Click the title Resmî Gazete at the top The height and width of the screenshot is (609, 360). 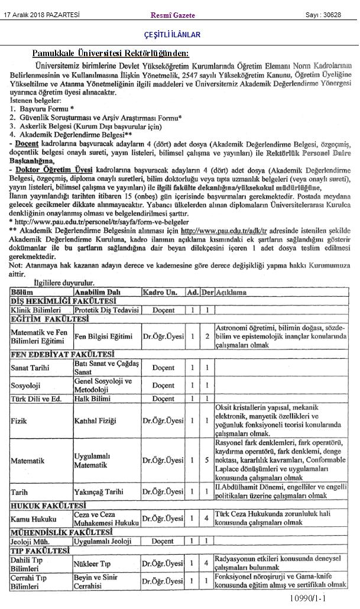point(173,15)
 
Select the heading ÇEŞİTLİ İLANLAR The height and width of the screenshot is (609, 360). point(172,35)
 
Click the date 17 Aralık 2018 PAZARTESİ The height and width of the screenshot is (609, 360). point(42,14)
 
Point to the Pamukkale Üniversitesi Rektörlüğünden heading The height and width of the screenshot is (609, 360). point(111,53)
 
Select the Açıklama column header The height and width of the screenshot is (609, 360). point(232,293)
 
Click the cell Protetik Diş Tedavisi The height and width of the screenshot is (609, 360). point(106,310)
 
